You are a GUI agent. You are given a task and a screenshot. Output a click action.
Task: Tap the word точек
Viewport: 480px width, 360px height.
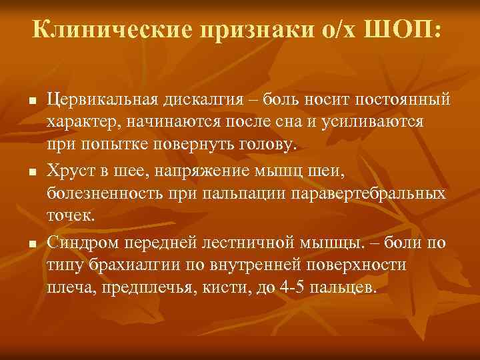coord(71,217)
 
